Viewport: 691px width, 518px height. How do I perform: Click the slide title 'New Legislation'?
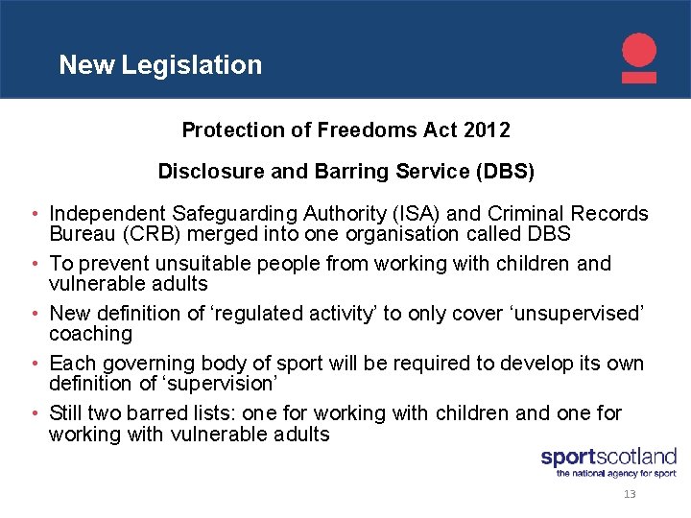160,65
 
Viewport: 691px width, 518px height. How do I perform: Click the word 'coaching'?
91,334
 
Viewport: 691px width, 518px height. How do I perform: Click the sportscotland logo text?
608,458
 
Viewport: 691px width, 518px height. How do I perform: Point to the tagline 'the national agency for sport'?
616,473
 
